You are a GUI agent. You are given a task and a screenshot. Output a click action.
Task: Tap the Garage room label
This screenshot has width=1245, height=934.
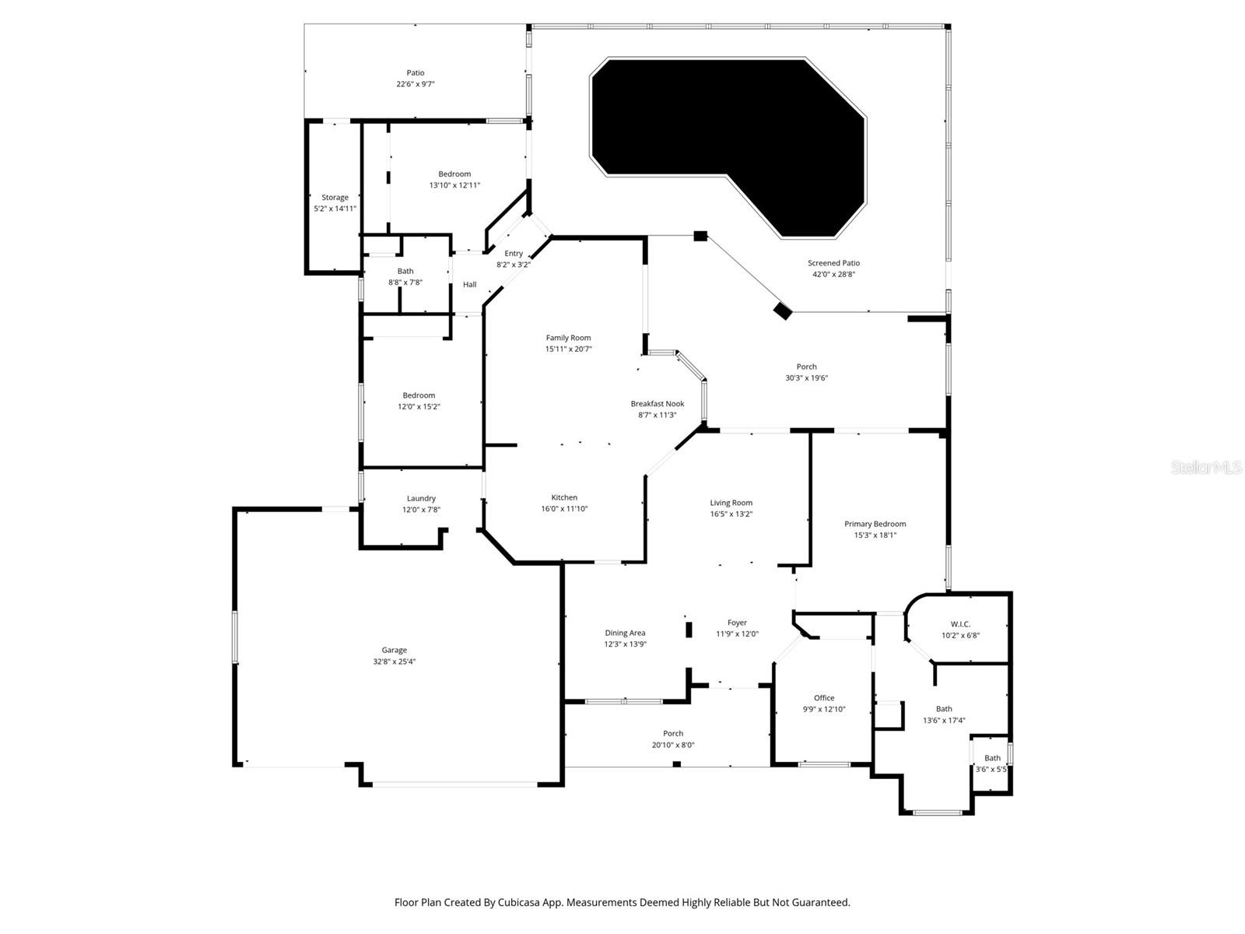point(395,651)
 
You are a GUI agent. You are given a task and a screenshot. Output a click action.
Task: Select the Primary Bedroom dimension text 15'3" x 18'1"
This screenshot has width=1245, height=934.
point(875,535)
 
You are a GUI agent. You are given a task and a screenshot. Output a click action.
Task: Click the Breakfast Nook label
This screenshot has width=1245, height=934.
point(658,404)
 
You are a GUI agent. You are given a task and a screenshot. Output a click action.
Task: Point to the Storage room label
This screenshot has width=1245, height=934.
point(335,198)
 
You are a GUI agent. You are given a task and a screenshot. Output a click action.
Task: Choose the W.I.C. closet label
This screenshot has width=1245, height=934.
point(960,624)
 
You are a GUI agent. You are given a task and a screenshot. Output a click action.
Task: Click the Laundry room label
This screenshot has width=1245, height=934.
point(421,499)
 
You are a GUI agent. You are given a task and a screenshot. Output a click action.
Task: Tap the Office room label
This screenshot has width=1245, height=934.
point(824,698)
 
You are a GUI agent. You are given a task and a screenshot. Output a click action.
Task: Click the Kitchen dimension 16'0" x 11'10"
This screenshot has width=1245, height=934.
point(564,509)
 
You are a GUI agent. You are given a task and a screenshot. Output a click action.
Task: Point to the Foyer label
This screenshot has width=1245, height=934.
point(737,623)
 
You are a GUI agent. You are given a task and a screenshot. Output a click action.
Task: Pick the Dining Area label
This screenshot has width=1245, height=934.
point(625,633)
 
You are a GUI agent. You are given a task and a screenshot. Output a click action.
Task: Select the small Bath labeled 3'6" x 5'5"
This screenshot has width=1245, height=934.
point(992,758)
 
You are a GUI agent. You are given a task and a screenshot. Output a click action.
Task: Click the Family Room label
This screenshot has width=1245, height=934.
point(568,338)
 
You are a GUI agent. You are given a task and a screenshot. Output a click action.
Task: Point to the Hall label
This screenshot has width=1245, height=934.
point(469,285)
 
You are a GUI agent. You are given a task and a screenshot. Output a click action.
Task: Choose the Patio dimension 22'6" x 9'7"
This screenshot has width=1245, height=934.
point(416,84)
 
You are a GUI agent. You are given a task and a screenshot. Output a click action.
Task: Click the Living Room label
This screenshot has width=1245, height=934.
point(731,503)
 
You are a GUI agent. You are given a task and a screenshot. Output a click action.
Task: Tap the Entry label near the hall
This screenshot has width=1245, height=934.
point(514,254)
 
